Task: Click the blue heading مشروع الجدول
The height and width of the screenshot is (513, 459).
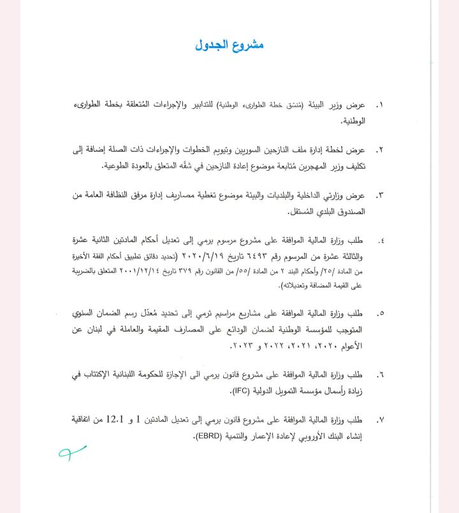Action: tap(229, 45)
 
